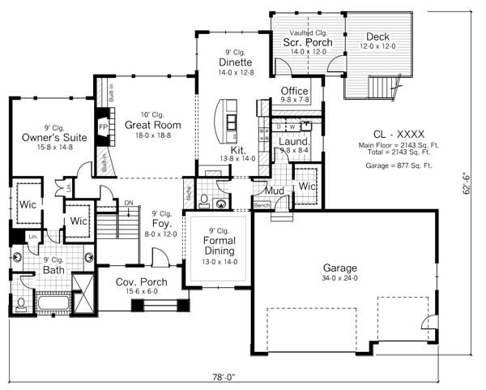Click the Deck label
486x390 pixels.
click(377, 37)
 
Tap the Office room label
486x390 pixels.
click(294, 91)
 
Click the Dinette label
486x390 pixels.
click(236, 62)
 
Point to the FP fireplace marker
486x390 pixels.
click(103, 128)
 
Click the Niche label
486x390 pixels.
click(188, 195)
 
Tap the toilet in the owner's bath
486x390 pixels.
click(20, 305)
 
